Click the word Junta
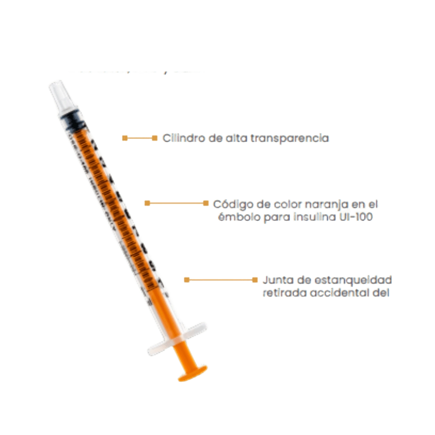278,279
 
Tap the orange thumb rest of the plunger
192,372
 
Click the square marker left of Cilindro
154,138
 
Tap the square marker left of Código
206,203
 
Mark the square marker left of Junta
254,280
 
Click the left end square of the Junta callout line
187,280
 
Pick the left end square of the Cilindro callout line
124,138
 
